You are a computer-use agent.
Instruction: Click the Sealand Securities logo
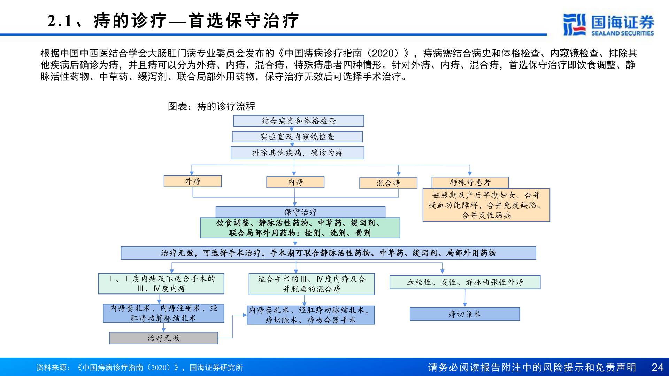click(x=608, y=24)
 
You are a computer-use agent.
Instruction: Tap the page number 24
click(x=657, y=367)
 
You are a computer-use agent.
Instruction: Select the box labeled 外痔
click(x=193, y=181)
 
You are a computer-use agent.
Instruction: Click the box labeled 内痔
click(x=295, y=182)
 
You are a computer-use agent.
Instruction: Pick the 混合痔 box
click(x=388, y=183)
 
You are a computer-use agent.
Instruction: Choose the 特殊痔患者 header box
click(x=470, y=182)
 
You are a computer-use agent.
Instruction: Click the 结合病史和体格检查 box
click(x=299, y=121)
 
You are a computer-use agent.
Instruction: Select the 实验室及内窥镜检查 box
click(x=297, y=136)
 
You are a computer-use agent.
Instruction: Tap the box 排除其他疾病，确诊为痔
click(x=297, y=152)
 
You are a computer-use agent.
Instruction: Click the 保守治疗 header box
click(x=300, y=212)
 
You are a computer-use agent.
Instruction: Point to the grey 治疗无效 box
click(x=163, y=338)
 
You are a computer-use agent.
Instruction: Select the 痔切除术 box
click(x=464, y=314)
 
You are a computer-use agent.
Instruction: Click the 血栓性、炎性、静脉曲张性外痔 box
click(x=465, y=282)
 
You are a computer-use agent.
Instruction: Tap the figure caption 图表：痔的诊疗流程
click(x=212, y=106)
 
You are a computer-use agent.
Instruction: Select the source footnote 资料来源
click(x=139, y=367)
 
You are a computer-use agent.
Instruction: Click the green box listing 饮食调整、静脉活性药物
click(x=300, y=228)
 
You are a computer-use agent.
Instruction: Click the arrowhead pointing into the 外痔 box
click(x=192, y=173)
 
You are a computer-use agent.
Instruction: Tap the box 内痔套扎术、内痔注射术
click(x=163, y=313)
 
